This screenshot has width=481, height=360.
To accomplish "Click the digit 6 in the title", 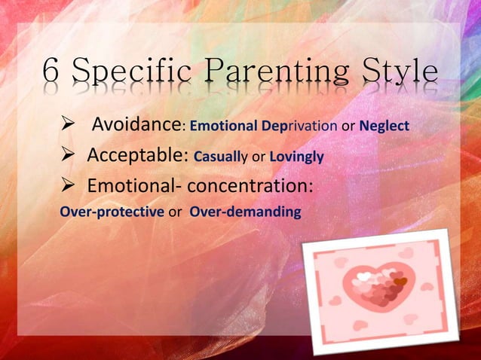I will pos(51,72).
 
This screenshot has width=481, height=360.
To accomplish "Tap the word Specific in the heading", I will pos(130,73).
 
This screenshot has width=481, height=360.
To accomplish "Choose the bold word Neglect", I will pos(384,126).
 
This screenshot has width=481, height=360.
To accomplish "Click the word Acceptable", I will pos(137,156).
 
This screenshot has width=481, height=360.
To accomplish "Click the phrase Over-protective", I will pos(112,212).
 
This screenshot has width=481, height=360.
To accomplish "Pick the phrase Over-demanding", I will pos(245,212).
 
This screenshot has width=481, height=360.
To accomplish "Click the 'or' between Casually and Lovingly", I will pos(261,157).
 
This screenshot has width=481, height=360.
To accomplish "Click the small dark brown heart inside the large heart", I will pos(400,282).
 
